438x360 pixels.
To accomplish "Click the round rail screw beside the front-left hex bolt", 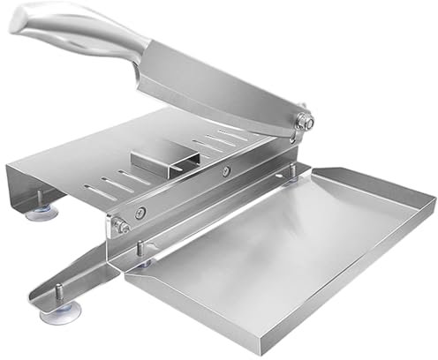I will (141, 213).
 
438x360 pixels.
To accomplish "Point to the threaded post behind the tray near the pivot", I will (291, 175).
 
